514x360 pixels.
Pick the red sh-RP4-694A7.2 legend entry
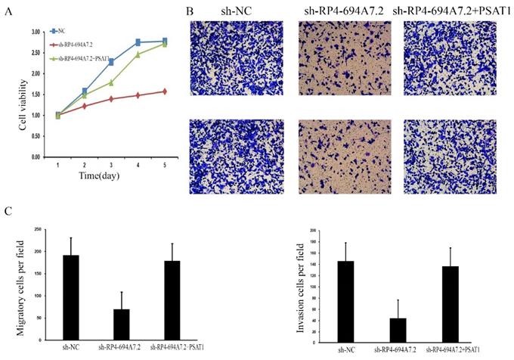(x=76, y=45)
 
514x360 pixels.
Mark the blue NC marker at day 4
(x=138, y=42)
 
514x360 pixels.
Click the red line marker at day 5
(x=164, y=92)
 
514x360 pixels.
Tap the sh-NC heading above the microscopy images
(x=224, y=11)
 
